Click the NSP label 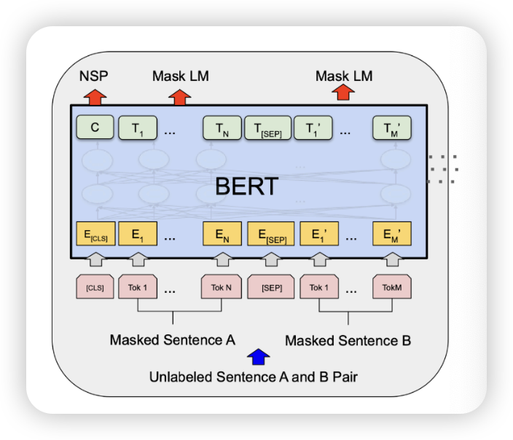93,76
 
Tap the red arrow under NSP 94,95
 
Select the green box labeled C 95,128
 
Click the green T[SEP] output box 267,128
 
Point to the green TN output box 221,128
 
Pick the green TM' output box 391,128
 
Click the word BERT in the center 246,186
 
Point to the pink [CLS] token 95,287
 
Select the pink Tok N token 222,287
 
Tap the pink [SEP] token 270,287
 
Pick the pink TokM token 391,287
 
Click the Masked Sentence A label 172,340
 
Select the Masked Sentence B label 348,340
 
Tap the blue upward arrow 259,357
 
